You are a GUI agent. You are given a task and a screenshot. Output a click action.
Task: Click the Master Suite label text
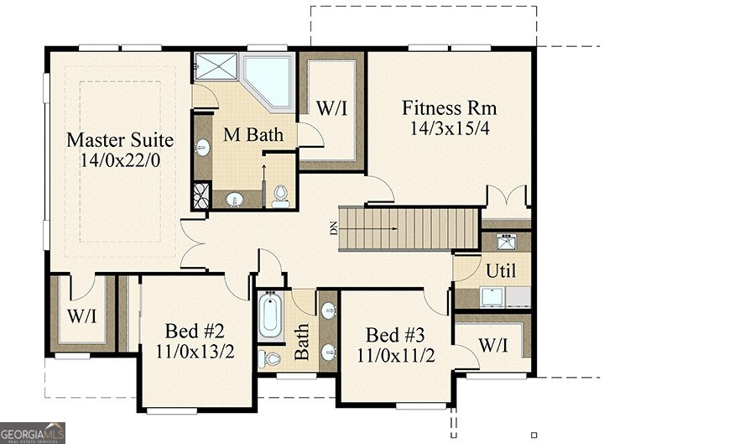tap(120, 139)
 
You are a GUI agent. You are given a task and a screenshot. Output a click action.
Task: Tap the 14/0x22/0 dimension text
tap(119, 159)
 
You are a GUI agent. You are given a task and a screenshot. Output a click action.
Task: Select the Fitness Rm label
tap(449, 108)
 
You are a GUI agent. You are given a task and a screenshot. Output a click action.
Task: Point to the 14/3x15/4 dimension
tap(449, 128)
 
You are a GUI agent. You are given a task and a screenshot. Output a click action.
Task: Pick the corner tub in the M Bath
tap(268, 80)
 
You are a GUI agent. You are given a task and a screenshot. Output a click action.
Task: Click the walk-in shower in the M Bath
tap(216, 66)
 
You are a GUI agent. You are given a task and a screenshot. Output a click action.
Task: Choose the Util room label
tap(501, 271)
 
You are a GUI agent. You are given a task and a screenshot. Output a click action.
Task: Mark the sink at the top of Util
tap(506, 243)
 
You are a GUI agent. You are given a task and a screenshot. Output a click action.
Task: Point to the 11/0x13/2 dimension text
tap(195, 350)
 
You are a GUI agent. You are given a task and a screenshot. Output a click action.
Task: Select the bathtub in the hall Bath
tap(270, 316)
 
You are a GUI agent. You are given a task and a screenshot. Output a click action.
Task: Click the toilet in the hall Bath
tap(270, 358)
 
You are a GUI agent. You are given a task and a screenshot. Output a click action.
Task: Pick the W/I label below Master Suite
tap(81, 317)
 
